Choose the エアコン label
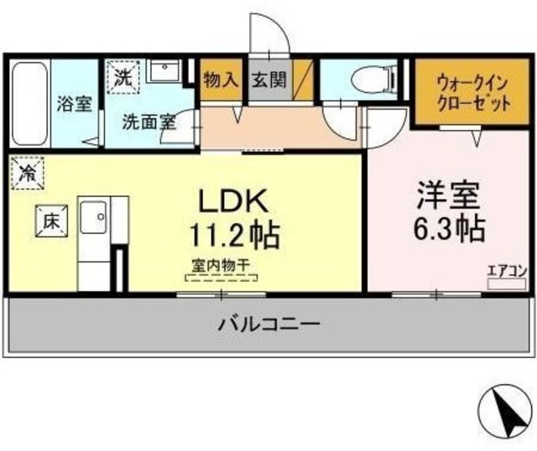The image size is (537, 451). [507, 270]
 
